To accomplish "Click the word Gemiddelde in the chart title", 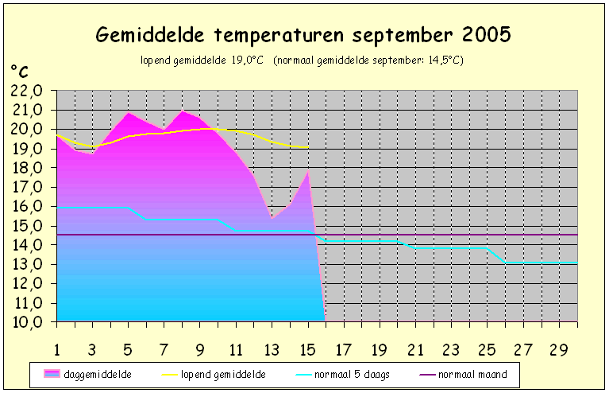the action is click(150, 35).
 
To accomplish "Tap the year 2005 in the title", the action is click(486, 34).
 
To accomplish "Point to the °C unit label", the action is click(19, 72).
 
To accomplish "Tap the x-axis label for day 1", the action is click(57, 350).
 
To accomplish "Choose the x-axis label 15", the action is click(308, 350).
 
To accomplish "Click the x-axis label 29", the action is click(559, 350).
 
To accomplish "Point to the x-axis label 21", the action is click(415, 350).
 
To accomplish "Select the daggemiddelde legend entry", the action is click(88, 375).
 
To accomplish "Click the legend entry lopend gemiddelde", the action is click(214, 375).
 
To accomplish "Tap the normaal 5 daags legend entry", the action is click(342, 375).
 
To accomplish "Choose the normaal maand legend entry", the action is click(464, 375).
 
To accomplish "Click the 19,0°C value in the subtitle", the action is click(248, 60).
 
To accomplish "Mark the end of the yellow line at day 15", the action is click(308, 147).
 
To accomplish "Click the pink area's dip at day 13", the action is click(272, 218).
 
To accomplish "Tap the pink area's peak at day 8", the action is click(182, 111).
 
